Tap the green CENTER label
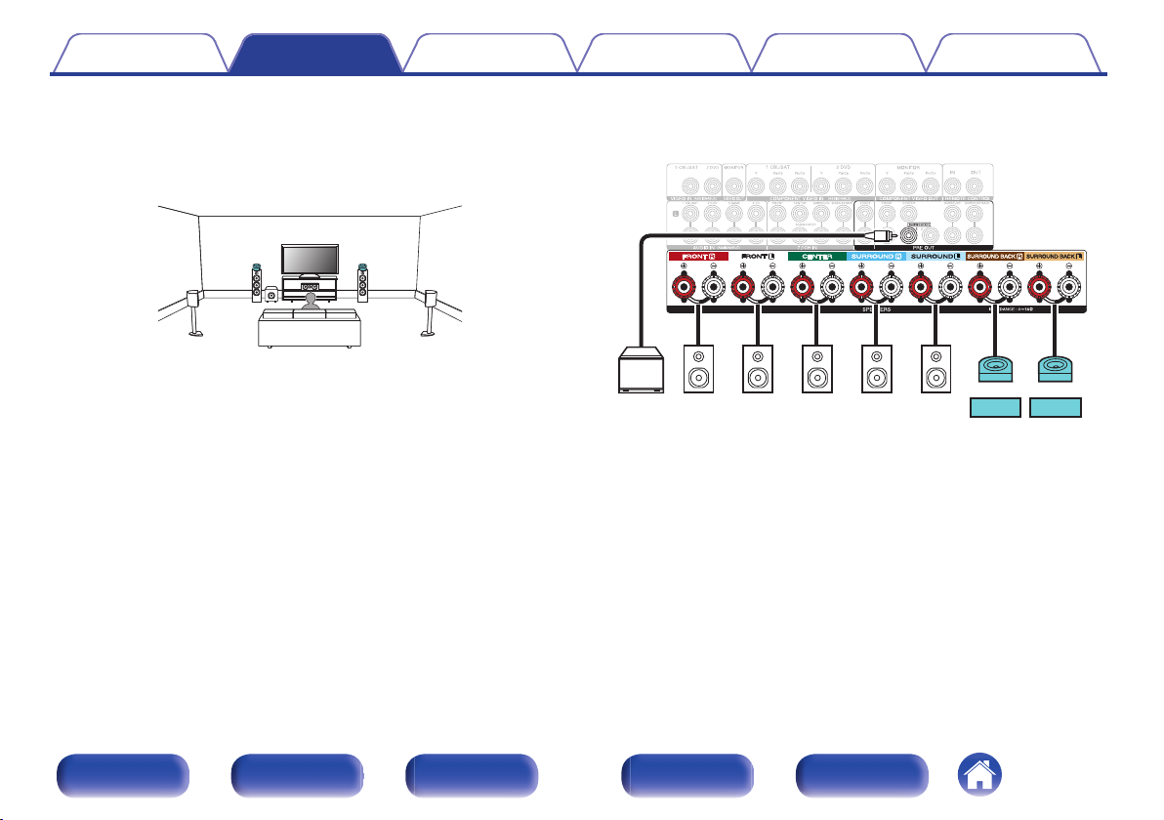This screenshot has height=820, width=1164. click(816, 257)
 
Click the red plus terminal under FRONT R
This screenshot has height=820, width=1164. click(684, 288)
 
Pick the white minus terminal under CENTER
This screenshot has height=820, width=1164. click(832, 288)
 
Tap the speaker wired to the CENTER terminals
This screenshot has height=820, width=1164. click(816, 369)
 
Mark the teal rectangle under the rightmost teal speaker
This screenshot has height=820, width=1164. click(1056, 407)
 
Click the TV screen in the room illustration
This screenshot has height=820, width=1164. click(311, 260)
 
